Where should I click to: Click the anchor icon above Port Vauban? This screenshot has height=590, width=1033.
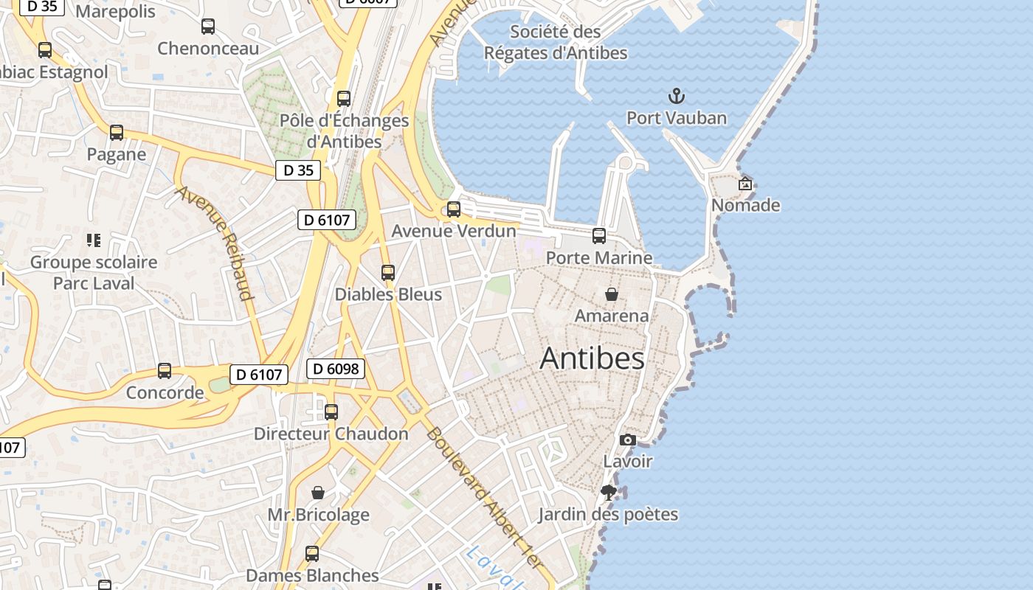676,96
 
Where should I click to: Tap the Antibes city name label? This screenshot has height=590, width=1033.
592,358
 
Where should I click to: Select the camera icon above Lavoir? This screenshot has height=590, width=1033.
628,440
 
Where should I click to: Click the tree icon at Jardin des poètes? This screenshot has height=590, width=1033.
609,493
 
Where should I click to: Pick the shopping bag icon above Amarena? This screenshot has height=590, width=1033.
612,294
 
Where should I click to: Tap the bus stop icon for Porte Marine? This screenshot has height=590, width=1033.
599,236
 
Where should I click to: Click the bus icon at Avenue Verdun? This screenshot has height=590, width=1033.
454,209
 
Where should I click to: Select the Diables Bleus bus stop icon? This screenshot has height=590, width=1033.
388,273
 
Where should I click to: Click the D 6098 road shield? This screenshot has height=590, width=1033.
336,369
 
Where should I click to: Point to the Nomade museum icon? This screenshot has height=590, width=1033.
745,184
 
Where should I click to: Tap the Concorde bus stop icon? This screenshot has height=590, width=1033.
165,371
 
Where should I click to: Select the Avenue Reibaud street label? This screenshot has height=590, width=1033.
215,243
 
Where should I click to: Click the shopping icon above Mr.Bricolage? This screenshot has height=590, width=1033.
318,493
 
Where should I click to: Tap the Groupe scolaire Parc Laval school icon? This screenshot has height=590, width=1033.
93,240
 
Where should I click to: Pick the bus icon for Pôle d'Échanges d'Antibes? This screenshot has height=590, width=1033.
343,99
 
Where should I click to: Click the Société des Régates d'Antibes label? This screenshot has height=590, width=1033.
556,42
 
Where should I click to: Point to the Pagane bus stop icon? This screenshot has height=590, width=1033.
117,133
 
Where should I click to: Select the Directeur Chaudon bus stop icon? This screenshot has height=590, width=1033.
331,412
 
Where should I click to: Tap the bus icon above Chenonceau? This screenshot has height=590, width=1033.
208,27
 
